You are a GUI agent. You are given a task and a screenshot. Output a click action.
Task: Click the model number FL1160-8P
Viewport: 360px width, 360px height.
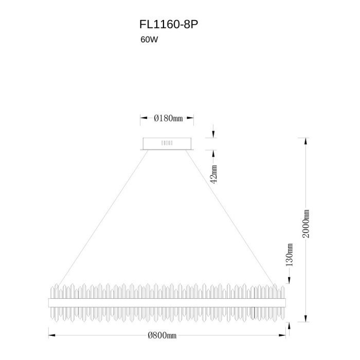point(169,24)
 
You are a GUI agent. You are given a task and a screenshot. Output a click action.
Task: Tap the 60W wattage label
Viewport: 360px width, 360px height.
point(149,40)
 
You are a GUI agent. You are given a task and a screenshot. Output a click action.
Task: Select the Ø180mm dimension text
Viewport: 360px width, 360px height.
point(168,118)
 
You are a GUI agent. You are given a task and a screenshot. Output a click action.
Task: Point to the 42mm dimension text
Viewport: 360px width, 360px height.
point(214,174)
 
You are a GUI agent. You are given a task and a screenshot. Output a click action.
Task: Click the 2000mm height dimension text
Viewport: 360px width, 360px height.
point(306,224)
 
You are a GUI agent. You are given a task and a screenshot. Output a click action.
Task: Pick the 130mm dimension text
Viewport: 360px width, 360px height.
point(289,255)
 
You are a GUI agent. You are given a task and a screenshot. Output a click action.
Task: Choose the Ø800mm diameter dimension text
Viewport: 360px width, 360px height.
point(162,335)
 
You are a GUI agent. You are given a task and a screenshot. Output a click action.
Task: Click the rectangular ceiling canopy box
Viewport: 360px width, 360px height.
point(167,143)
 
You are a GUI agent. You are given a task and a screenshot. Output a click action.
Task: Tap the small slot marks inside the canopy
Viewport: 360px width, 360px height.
point(167,143)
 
